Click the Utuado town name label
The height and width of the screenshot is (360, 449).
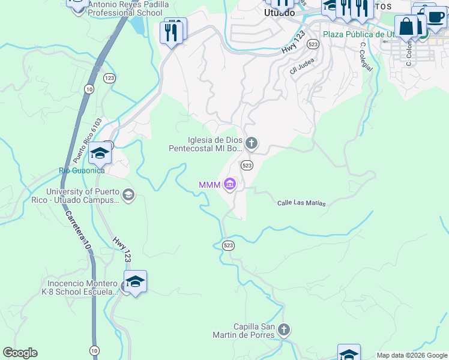pos(279,13)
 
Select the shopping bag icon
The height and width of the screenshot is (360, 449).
pos(406,27)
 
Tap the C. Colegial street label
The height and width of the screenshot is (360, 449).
pos(366,56)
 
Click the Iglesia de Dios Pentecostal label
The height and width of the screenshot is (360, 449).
pos(205,143)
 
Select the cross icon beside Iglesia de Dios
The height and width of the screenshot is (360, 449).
pos(252,143)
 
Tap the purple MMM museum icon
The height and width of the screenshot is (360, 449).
pos(229,184)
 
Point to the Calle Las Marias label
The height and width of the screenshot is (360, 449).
pos(301,203)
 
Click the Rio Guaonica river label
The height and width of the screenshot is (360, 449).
pos(82,170)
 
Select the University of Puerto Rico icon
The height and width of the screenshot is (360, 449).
pos(128,195)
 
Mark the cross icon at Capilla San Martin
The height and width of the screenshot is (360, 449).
pos(284,329)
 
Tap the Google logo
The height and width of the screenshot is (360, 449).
pos(20,353)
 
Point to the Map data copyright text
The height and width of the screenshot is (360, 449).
pos(411,355)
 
